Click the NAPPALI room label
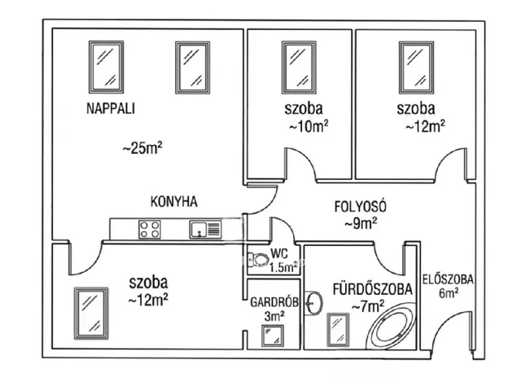[x=110, y=108]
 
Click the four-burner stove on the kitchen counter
[x=149, y=229]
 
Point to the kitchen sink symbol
[x=204, y=229]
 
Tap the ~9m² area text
[x=359, y=222]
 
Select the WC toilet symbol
[x=256, y=260]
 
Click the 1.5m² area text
[x=282, y=267]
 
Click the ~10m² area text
[x=307, y=126]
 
